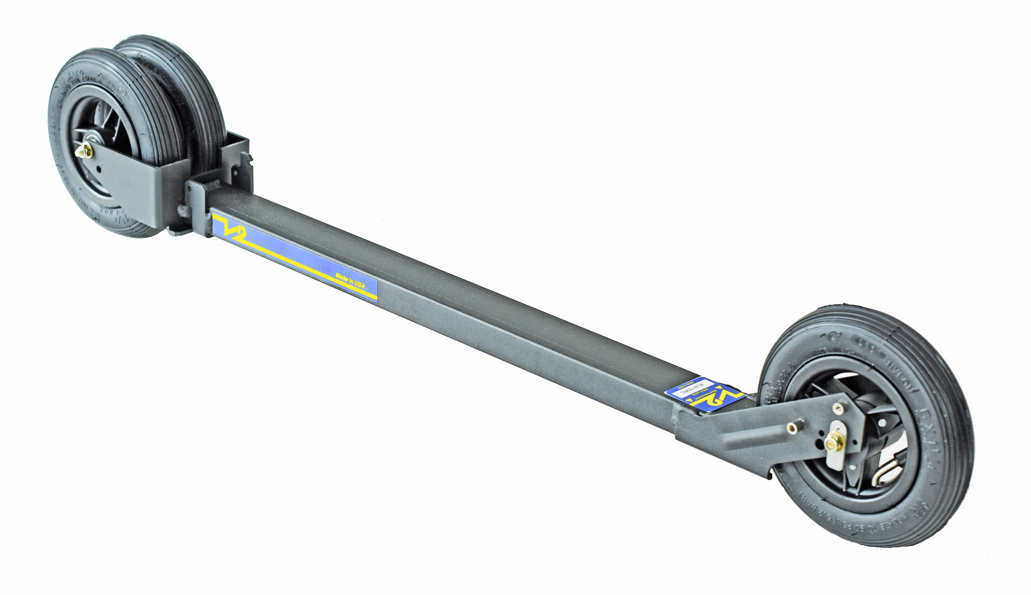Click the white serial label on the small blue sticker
coord(695,385)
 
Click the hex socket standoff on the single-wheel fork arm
coord(792,427)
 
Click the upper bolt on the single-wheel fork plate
coord(838,408)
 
